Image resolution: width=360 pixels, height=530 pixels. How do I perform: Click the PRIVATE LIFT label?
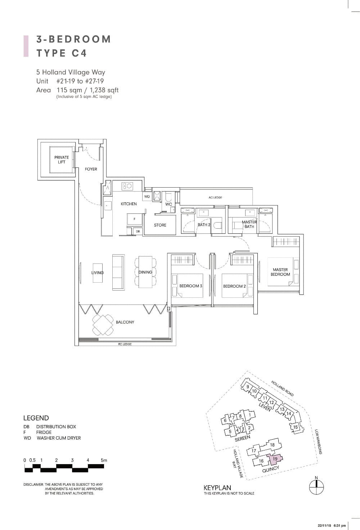62,160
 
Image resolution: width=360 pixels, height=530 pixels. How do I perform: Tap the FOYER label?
91,169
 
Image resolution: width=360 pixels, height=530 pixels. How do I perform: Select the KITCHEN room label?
129,204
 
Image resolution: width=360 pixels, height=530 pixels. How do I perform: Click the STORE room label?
160,225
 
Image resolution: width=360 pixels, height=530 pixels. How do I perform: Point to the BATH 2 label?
204,225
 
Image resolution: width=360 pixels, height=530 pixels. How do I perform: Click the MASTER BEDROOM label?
280,272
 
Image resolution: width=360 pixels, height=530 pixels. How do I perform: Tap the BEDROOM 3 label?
190,286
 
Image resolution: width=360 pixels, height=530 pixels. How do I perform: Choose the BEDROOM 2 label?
234,286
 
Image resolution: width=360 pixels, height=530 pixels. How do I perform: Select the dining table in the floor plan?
145,272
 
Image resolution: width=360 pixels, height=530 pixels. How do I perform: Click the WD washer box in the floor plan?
147,197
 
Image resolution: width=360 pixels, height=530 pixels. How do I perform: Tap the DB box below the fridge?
138,231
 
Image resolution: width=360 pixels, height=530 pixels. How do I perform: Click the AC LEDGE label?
215,197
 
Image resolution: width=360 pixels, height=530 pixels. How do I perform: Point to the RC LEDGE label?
125,344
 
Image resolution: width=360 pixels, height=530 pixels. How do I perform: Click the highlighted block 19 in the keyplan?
275,459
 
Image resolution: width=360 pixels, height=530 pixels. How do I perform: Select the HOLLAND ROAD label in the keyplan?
282,388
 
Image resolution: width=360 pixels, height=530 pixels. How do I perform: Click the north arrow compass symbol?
316,486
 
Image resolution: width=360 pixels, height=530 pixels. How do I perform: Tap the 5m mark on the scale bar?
104,460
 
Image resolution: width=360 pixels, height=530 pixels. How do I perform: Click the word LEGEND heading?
36,418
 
